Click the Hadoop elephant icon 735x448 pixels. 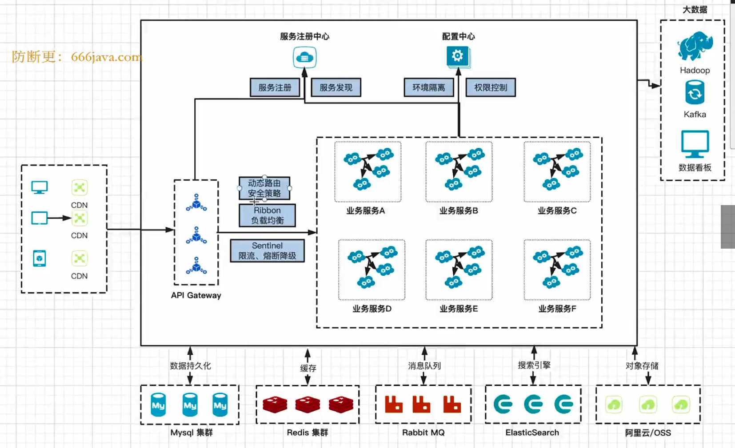[x=695, y=46]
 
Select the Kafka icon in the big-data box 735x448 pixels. [x=695, y=93]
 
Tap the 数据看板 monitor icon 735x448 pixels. [x=695, y=144]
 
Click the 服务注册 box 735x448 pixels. [x=275, y=87]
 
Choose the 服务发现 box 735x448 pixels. [x=336, y=87]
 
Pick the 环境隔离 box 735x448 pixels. [x=429, y=87]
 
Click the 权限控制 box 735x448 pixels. [x=491, y=87]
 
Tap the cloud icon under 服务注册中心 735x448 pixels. [x=304, y=58]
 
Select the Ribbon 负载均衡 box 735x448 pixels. [x=267, y=215]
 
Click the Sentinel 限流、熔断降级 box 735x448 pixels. [x=267, y=251]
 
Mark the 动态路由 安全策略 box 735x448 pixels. [x=264, y=188]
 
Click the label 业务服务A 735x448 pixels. [x=365, y=211]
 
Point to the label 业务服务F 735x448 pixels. [x=557, y=309]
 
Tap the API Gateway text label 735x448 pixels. [x=196, y=296]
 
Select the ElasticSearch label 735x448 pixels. [x=532, y=433]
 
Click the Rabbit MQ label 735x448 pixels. [x=423, y=433]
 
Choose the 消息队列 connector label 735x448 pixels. [x=424, y=366]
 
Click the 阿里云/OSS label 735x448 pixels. [x=648, y=433]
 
